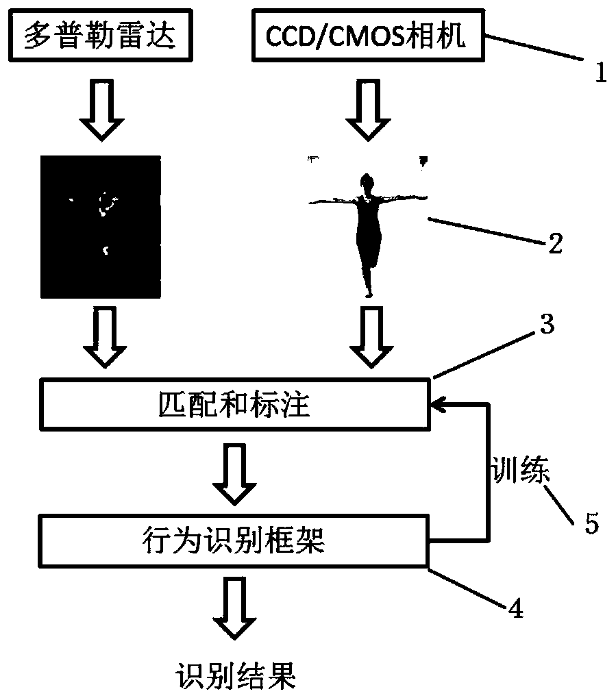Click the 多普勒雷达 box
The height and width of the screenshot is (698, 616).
click(x=101, y=37)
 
